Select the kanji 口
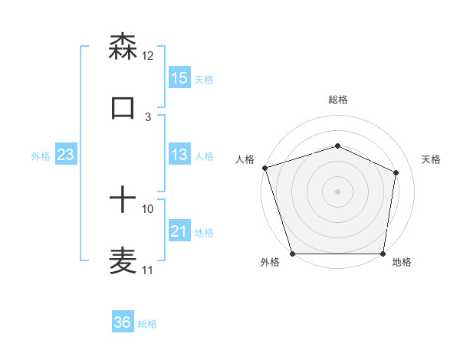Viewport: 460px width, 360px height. pyautogui.click(x=123, y=107)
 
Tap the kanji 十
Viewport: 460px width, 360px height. pyautogui.click(x=123, y=201)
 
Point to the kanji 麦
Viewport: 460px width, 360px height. pyautogui.click(x=123, y=260)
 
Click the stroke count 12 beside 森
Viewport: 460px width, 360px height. pyautogui.click(x=148, y=56)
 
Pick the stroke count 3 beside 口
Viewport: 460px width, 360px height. pyautogui.click(x=148, y=117)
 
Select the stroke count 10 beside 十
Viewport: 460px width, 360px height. pyautogui.click(x=148, y=208)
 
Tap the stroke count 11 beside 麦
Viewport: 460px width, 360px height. pyautogui.click(x=148, y=270)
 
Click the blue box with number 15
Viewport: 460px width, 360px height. pyautogui.click(x=179, y=78)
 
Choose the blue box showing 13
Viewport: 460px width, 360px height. pyautogui.click(x=179, y=155)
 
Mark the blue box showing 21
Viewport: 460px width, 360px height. pyautogui.click(x=179, y=231)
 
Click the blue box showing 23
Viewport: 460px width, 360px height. pyautogui.click(x=66, y=155)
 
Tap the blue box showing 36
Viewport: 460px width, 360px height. pyautogui.click(x=123, y=322)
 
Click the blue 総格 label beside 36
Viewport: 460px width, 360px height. pyautogui.click(x=147, y=324)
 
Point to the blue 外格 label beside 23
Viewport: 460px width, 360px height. pyautogui.click(x=41, y=156)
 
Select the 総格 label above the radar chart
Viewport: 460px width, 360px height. pyautogui.click(x=337, y=100)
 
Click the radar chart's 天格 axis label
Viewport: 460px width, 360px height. pyautogui.click(x=432, y=159)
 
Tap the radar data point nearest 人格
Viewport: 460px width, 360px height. pyautogui.click(x=264, y=168)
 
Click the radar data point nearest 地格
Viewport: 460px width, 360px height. pyautogui.click(x=383, y=254)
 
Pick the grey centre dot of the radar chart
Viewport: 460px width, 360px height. pyautogui.click(x=337, y=191)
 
